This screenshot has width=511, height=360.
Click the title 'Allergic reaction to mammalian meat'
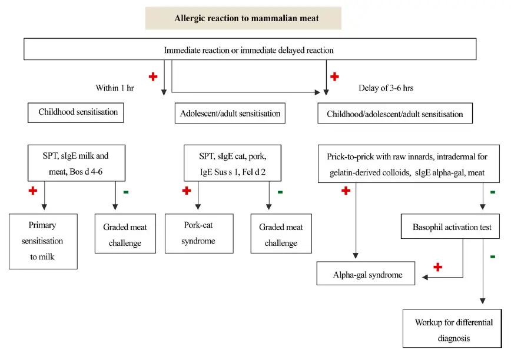click(x=243, y=18)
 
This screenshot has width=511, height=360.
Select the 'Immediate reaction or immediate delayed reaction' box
click(x=250, y=49)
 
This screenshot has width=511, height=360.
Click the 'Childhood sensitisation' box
click(x=75, y=112)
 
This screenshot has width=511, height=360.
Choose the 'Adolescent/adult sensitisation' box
click(x=230, y=113)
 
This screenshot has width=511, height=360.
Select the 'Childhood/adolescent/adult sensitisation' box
click(x=395, y=114)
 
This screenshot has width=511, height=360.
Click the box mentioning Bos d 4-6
click(x=77, y=162)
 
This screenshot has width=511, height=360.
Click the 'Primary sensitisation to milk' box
click(x=43, y=241)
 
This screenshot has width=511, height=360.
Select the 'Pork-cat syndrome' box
click(x=198, y=234)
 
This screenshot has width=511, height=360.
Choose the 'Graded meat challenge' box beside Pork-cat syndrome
click(x=281, y=235)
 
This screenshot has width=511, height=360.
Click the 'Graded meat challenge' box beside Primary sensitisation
click(x=125, y=235)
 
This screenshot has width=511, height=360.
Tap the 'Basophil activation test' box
click(x=450, y=226)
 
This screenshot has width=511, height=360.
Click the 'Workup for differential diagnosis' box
click(x=453, y=329)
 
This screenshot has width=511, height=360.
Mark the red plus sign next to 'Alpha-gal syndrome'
click(x=437, y=267)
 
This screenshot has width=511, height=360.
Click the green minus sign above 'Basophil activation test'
click(x=493, y=192)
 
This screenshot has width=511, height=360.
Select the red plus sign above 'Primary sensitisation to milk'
click(x=33, y=191)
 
